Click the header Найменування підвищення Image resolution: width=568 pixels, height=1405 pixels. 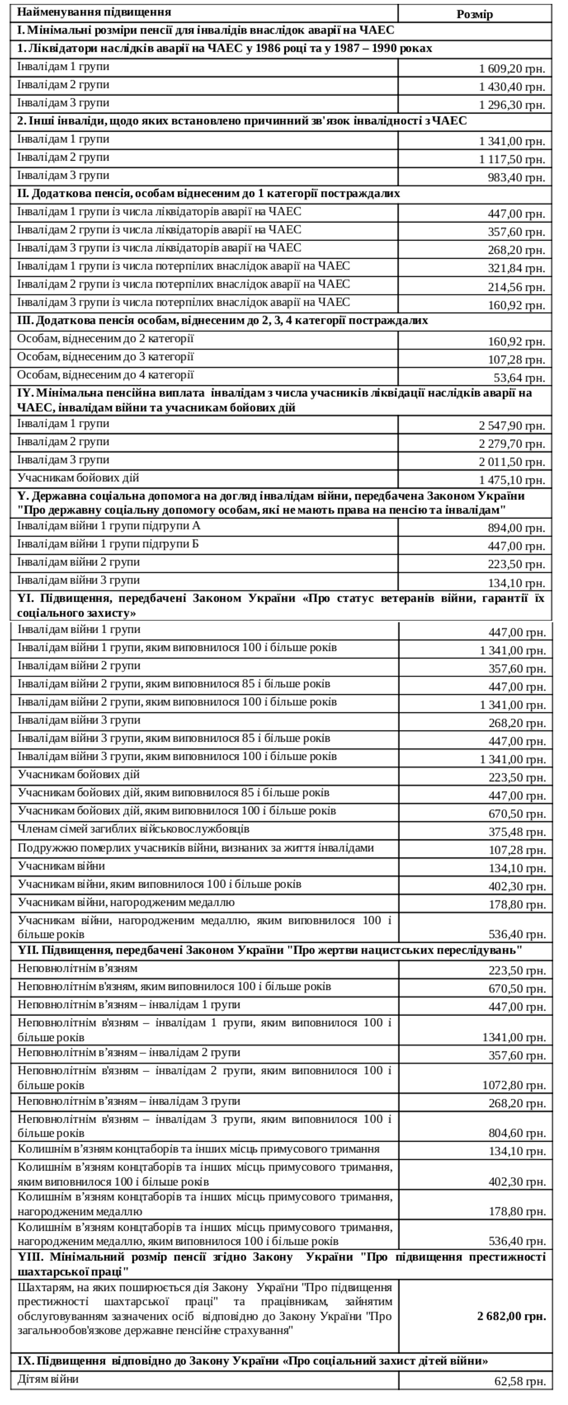point(94,12)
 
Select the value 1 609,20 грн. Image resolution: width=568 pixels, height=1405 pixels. point(511,69)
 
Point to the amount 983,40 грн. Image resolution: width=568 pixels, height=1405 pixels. point(516,178)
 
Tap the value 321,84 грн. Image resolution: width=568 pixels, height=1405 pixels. point(516,268)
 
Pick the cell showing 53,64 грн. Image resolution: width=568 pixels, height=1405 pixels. point(519,378)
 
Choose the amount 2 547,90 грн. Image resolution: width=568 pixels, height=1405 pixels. point(511,425)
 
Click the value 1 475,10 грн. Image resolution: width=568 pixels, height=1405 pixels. point(511,480)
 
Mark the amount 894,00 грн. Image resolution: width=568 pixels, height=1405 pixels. point(516,528)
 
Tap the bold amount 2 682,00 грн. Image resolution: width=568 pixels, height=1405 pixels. point(511,1315)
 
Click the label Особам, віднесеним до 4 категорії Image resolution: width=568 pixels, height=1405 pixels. point(105,375)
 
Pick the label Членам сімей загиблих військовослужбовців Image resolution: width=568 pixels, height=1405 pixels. point(134,829)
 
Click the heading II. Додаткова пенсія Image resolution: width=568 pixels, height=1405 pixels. point(208,193)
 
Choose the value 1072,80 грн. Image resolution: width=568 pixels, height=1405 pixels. point(514,1085)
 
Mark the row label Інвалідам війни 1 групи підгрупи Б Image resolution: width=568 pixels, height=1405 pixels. point(108,544)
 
